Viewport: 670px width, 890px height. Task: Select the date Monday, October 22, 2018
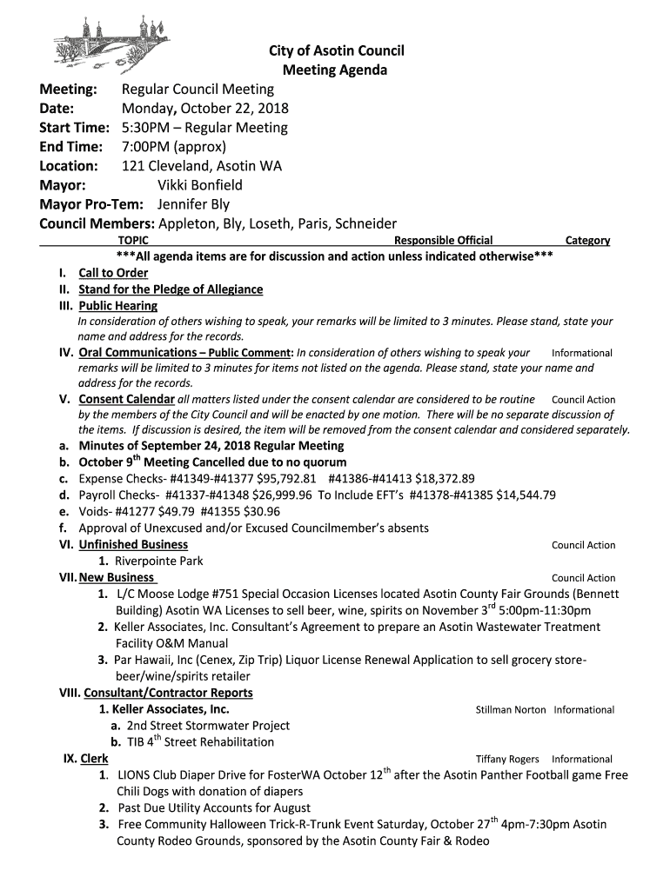[x=204, y=109]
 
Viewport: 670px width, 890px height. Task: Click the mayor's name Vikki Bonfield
[x=199, y=185]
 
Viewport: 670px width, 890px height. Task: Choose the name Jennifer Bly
[x=193, y=204]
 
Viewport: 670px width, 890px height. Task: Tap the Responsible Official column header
[x=443, y=241]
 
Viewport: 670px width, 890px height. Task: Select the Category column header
[x=587, y=241]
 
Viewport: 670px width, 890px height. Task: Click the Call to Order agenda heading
[x=113, y=273]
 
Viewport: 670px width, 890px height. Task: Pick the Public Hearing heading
[x=118, y=306]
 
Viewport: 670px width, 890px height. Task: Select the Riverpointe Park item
[x=159, y=561]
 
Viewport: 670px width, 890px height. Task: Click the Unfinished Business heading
[x=133, y=545]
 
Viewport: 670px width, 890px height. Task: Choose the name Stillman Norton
[x=511, y=710]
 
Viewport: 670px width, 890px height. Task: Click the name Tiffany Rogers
[x=507, y=760]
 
